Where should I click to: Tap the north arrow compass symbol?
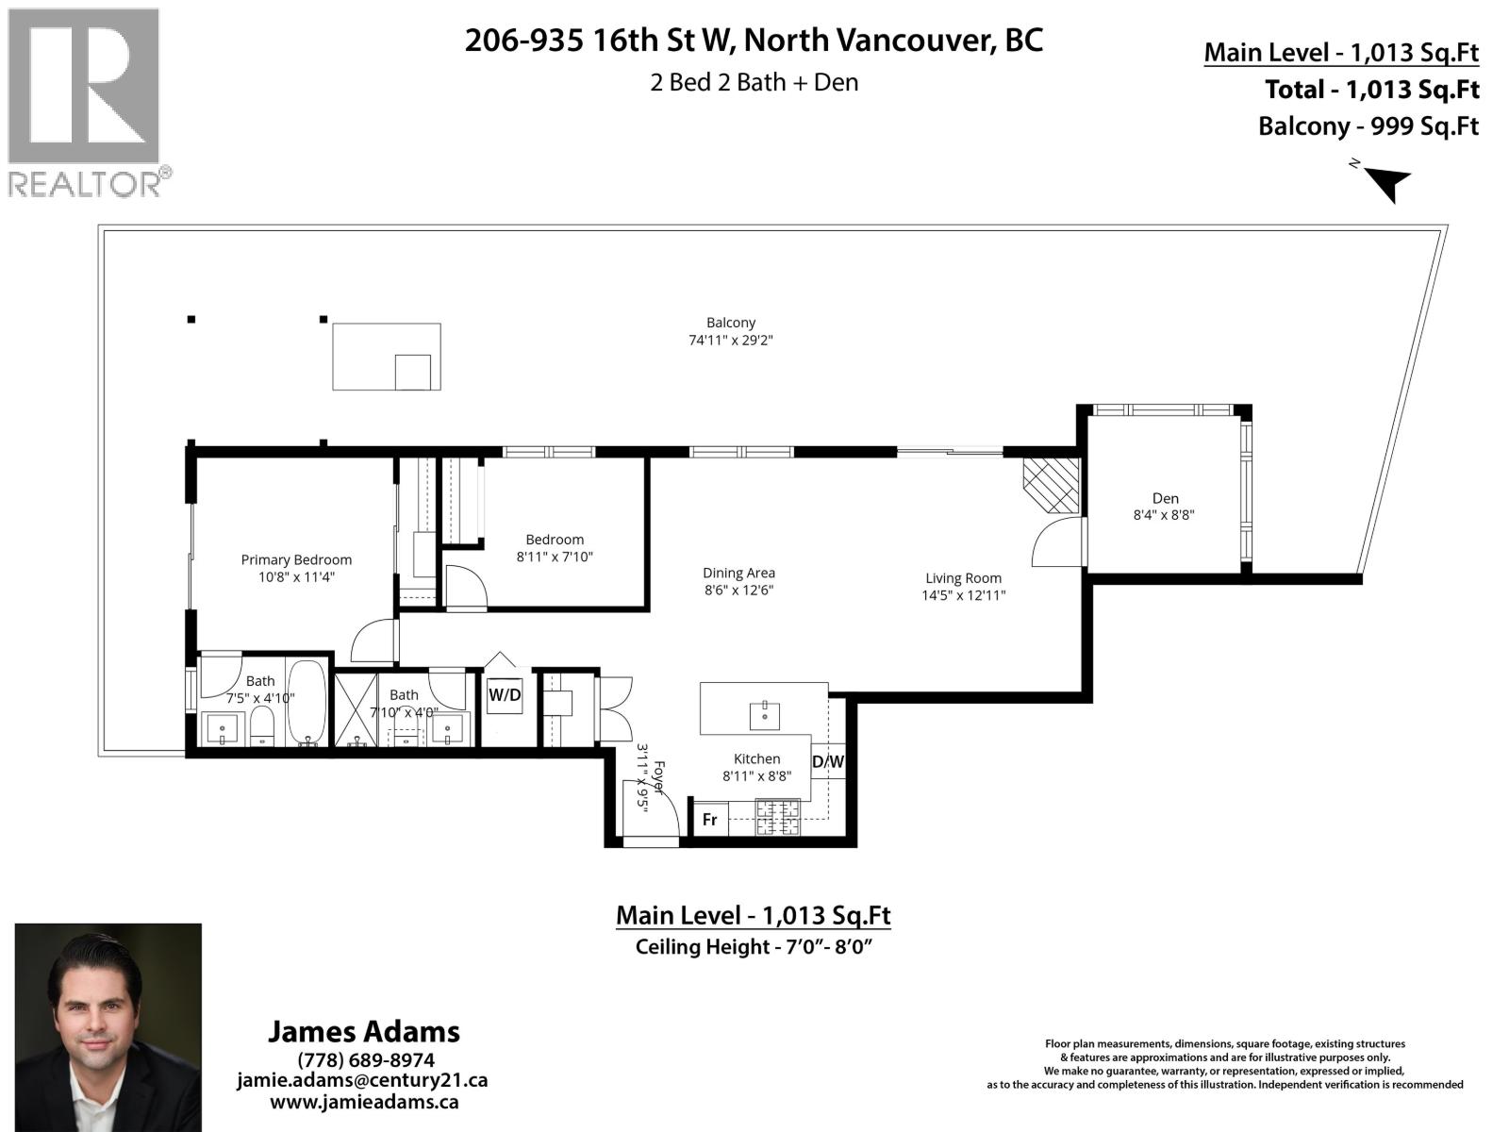[x=1385, y=181]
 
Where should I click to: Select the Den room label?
[x=1165, y=498]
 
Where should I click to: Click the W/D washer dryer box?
[x=505, y=696]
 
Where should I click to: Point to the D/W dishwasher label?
[x=828, y=761]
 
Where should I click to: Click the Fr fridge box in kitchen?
[x=709, y=820]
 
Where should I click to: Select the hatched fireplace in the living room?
[x=1051, y=485]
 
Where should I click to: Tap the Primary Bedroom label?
[x=296, y=559]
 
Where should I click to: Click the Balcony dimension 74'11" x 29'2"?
[x=731, y=341]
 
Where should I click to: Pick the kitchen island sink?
[x=764, y=716]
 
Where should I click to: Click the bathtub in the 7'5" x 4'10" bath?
[x=306, y=703]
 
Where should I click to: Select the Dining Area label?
[x=738, y=573]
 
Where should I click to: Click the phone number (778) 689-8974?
[x=365, y=1059]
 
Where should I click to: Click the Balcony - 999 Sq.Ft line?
[x=1368, y=126]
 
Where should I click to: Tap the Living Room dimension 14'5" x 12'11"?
[x=963, y=595]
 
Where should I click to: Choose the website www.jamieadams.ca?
[x=364, y=1101]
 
